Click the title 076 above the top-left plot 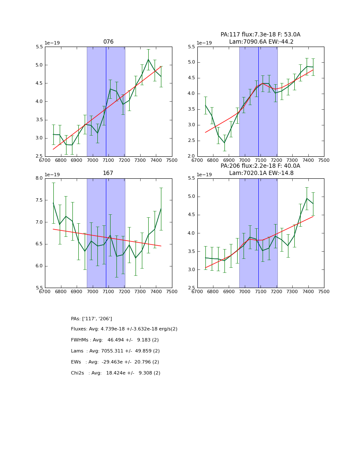[108, 42]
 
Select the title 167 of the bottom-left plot [108, 173]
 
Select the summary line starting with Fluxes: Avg [124, 329]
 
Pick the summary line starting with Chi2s [116, 373]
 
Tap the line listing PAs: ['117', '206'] [91, 319]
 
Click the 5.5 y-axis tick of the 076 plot [38, 47]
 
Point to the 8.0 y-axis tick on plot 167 [38, 178]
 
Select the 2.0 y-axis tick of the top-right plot [191, 156]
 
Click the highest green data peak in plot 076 [148, 59]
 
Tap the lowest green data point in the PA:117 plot [224, 143]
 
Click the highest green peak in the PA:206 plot [307, 198]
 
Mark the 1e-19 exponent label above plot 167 [52, 175]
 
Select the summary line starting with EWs [115, 362]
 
